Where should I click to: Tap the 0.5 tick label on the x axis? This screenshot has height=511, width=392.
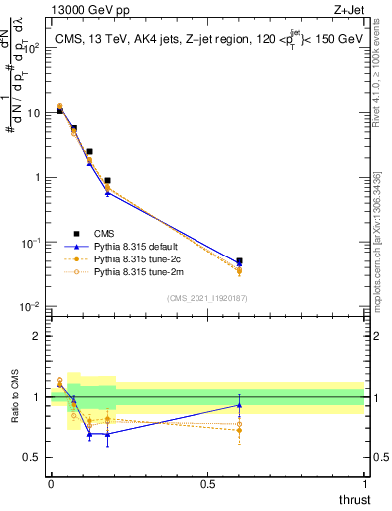(208, 484)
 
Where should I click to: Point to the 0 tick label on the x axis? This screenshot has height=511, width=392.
(50, 484)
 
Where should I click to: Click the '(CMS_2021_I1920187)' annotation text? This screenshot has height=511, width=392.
(207, 298)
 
